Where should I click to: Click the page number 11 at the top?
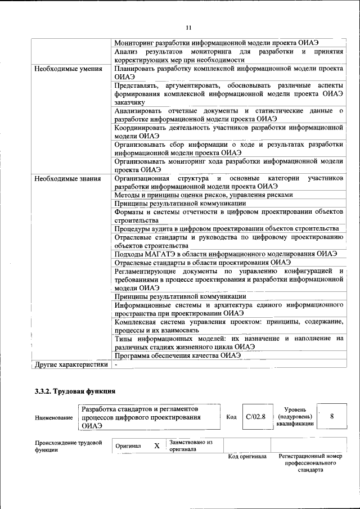tap(188, 28)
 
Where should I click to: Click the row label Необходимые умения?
tap(67, 70)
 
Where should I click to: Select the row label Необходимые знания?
tap(67, 179)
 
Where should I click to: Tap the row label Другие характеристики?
tap(71, 364)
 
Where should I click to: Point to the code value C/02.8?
tap(255, 417)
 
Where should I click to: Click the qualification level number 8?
tap(332, 417)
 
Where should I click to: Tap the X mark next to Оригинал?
tap(157, 445)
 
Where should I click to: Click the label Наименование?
tap(53, 418)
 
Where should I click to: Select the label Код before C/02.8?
tap(231, 417)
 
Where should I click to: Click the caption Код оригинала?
tap(247, 456)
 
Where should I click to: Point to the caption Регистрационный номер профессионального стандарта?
tap(310, 463)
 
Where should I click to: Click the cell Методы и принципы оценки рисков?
tap(203, 195)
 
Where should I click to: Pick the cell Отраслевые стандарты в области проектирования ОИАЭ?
tap(202, 262)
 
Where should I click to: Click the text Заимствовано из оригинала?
tap(191, 445)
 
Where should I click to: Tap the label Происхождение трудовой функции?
tap(68, 447)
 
